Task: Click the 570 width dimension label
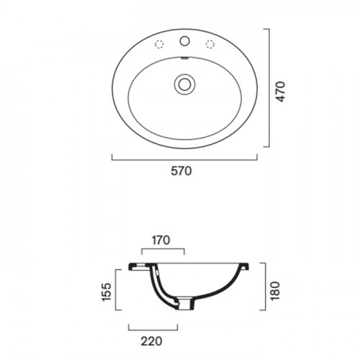[181, 171]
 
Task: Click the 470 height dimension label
[281, 91]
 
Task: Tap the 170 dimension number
[161, 240]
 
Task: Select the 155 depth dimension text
[107, 292]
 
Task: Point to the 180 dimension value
[275, 291]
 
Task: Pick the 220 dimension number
[151, 341]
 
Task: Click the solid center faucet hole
[184, 41]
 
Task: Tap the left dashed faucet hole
[159, 45]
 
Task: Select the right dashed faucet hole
[210, 45]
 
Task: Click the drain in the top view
[184, 84]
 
